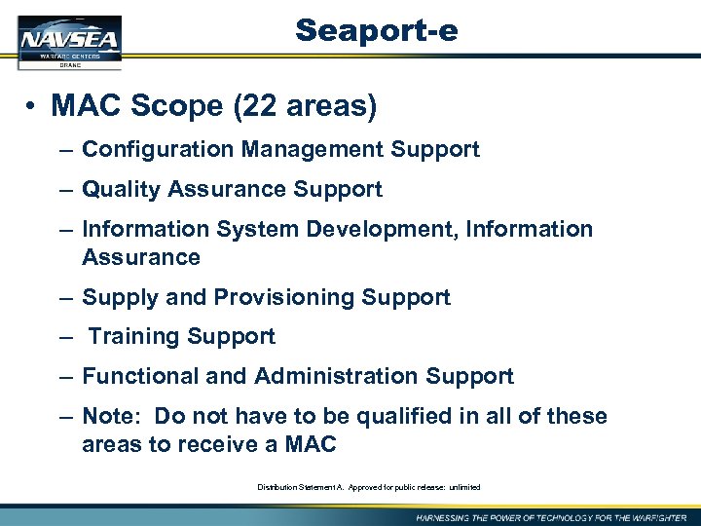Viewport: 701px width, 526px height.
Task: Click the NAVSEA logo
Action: pos(70,42)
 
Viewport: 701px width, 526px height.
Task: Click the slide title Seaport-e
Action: pos(377,31)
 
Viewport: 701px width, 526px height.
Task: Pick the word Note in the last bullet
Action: pos(109,417)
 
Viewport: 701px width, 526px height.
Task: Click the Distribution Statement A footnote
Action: pos(369,487)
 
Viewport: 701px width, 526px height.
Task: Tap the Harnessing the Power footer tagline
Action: pos(551,517)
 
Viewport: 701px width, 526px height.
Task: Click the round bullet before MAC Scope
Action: pos(32,107)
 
